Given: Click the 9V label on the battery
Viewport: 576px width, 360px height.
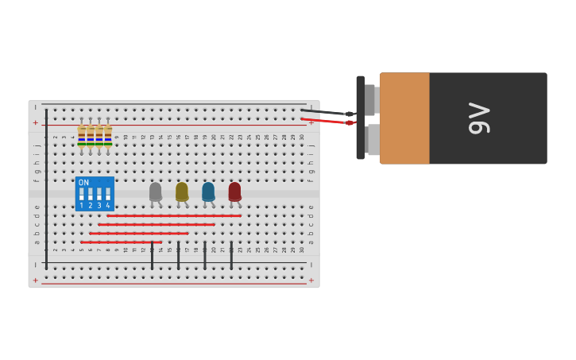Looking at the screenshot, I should coord(478,118).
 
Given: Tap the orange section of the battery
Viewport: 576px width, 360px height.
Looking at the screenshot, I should coord(404,118).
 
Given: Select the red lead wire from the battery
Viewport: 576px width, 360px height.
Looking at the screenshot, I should coord(326,121).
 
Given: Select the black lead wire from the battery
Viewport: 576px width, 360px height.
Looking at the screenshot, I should coord(326,112).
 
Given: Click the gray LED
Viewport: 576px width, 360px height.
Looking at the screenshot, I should coord(155,192).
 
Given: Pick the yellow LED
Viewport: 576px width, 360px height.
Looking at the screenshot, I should coord(182,192).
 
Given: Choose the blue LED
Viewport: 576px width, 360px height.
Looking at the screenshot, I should coord(208,192).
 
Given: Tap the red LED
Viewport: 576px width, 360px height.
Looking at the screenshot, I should coord(234,192).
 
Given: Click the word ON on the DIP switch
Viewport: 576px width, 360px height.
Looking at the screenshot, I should coord(84,183).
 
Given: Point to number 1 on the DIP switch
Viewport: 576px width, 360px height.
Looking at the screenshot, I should coord(81,206).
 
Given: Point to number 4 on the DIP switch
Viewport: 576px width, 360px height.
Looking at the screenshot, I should coord(108,206).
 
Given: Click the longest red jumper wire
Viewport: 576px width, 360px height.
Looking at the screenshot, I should coord(174,215).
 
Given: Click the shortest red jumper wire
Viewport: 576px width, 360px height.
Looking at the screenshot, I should coord(121,242).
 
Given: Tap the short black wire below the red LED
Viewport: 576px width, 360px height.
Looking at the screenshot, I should coord(231,255).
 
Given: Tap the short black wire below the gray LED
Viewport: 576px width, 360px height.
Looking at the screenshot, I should coord(152,255).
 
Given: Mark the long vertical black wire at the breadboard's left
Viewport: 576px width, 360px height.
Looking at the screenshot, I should coord(46,187).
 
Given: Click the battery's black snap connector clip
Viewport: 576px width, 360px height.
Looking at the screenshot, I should coord(361,118).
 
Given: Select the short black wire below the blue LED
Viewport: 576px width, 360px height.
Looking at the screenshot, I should coord(205,255).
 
